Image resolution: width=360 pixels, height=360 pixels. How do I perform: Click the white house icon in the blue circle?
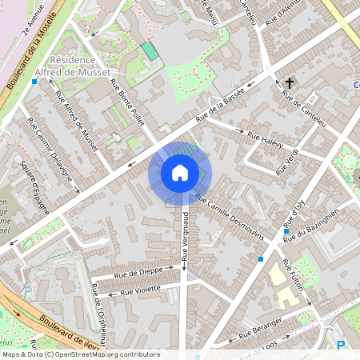pyautogui.click(x=180, y=173)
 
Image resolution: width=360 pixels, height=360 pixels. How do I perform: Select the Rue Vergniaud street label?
pyautogui.click(x=185, y=237)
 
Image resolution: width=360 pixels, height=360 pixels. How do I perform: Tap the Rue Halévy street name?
pyautogui.click(x=266, y=138)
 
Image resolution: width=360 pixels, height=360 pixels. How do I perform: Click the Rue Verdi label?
pyautogui.click(x=287, y=162)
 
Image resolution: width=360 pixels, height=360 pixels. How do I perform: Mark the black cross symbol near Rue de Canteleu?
pyautogui.click(x=289, y=82)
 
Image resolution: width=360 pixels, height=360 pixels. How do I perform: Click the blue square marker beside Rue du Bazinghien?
pyautogui.click(x=286, y=231)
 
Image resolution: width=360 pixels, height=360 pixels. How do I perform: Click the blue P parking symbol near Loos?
pyautogui.click(x=341, y=346)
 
